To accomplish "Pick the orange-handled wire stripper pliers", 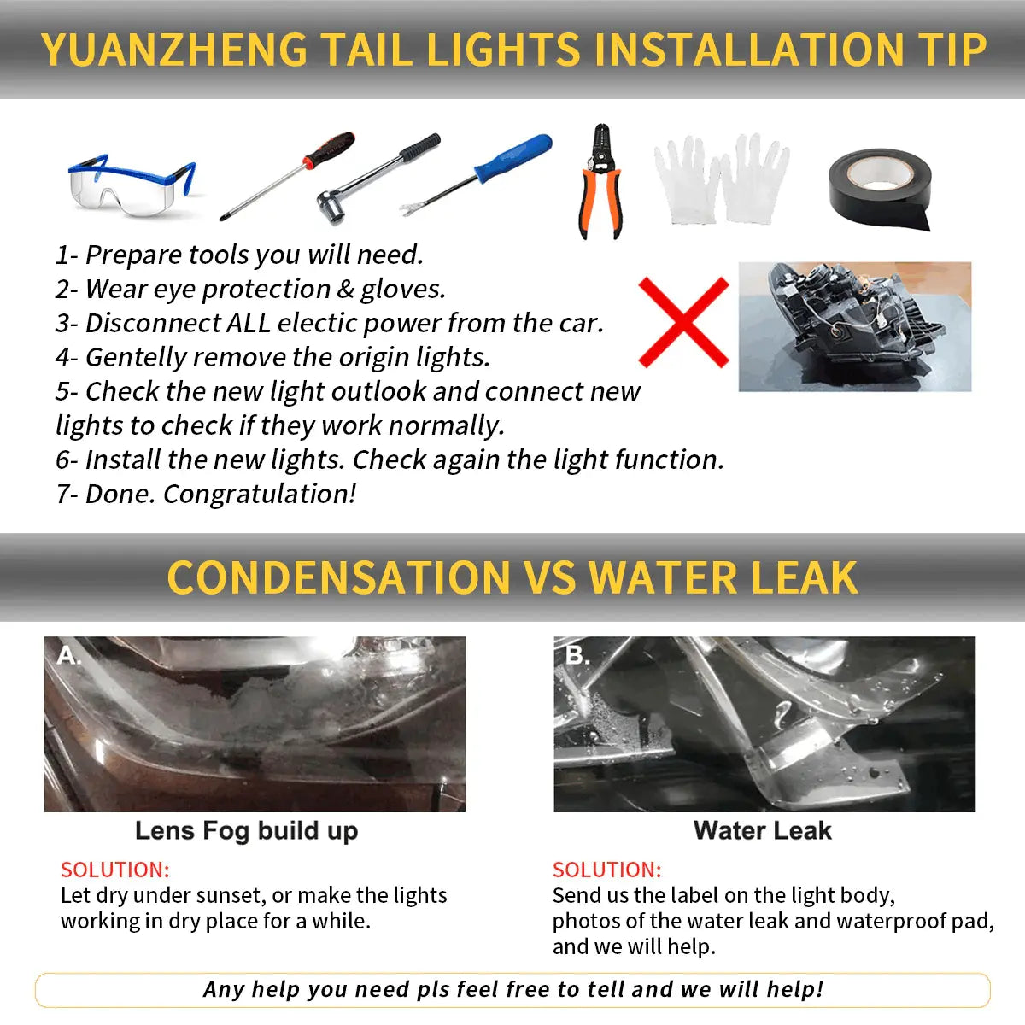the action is point(601,182).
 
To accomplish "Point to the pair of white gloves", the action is point(721,179).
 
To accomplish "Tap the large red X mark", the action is point(683,322).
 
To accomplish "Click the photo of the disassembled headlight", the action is point(855,326).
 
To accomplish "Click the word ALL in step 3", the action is point(249,323).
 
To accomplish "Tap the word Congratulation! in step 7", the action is point(260,495).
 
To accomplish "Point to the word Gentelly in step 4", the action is point(136,357).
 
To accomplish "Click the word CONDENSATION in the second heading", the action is point(339,577).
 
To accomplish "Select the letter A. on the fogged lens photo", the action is point(68,655).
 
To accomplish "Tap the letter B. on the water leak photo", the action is point(577,655).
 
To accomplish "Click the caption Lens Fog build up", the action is point(246,831).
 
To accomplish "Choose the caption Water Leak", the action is point(762,830).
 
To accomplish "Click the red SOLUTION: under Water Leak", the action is point(607,870).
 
